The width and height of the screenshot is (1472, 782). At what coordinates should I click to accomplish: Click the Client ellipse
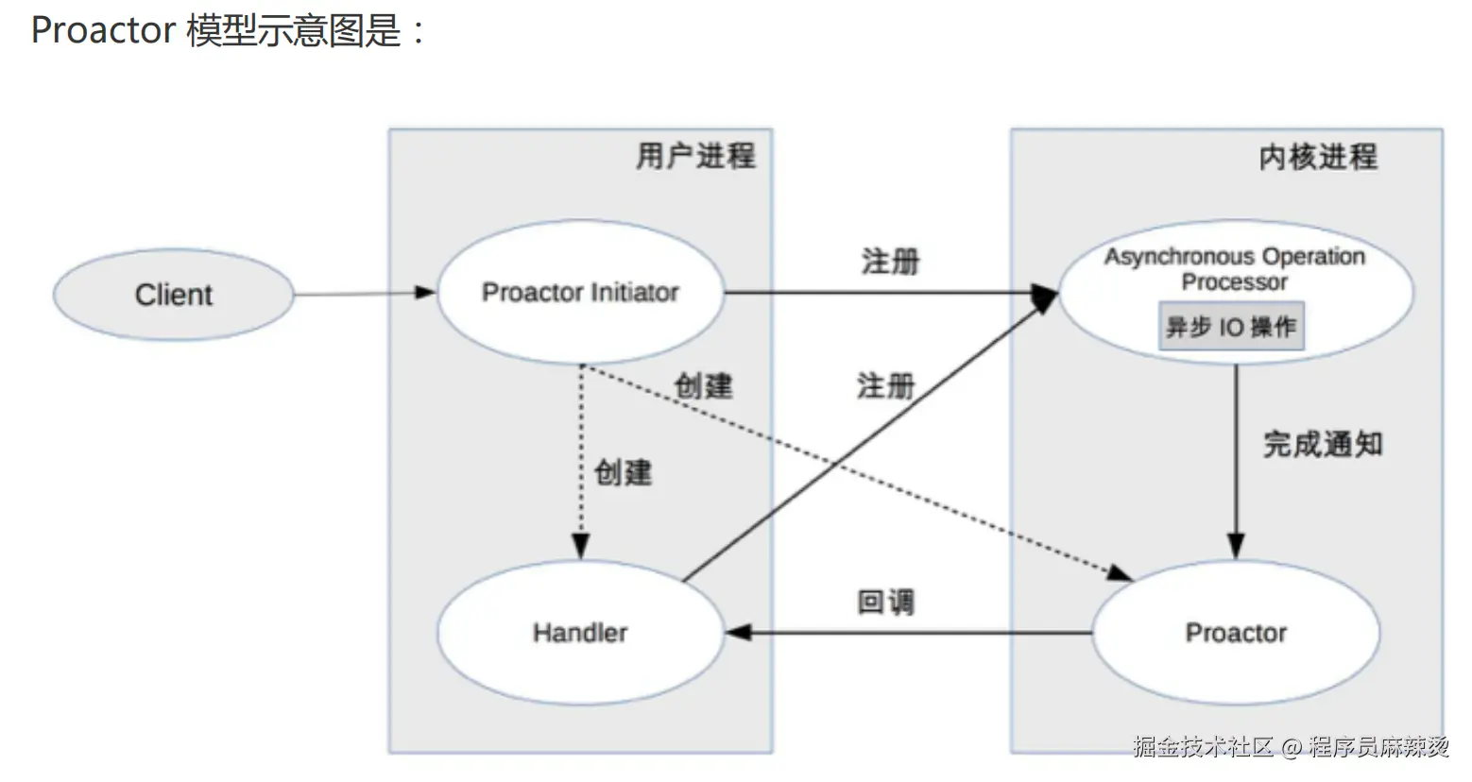174,295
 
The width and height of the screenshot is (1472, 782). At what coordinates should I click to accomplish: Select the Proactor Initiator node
579,293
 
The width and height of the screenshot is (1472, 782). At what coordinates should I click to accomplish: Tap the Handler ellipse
579,633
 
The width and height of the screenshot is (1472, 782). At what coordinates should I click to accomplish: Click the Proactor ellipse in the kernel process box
1236,633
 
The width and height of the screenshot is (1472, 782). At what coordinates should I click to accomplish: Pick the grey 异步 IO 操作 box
1231,327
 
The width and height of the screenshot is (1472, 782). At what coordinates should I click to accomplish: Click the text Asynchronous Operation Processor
1235,269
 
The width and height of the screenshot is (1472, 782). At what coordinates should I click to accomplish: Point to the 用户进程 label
695,156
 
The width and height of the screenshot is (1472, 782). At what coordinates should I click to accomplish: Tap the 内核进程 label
1318,157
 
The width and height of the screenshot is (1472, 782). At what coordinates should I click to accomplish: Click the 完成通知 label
1323,444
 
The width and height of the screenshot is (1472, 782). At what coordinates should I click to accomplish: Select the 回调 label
885,602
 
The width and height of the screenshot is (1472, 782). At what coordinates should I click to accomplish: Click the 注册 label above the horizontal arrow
890,261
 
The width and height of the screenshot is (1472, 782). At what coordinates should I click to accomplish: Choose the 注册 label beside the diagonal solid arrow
885,385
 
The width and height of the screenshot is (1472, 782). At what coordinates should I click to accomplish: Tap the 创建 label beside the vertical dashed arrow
623,472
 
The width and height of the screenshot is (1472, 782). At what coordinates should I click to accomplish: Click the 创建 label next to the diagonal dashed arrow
703,385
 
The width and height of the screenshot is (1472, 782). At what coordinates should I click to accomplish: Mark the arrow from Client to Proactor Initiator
364,294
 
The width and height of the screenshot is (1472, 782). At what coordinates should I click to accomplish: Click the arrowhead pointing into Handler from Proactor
738,633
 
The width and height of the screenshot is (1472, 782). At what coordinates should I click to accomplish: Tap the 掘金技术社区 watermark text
1204,747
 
